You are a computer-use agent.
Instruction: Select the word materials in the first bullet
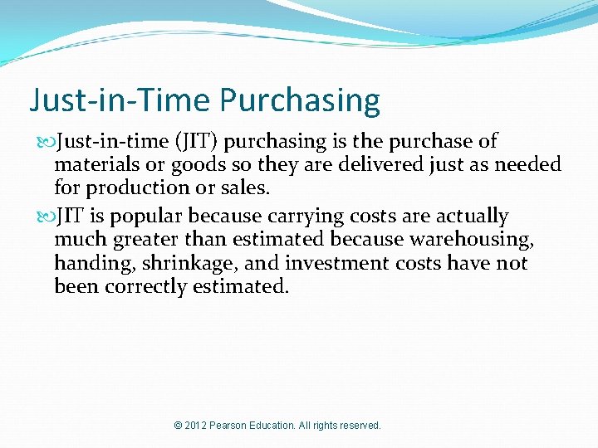pos(92,165)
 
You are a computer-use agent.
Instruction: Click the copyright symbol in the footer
pos(179,426)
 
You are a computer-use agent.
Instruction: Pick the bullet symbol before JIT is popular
pos(46,217)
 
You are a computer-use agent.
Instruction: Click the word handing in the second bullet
pos(86,263)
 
